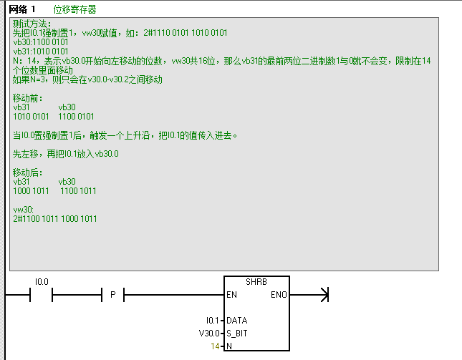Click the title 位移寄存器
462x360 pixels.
point(74,9)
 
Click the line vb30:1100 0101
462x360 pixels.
point(41,43)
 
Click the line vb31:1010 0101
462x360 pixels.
point(41,52)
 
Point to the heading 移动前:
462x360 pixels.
point(28,98)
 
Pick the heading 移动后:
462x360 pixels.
point(28,172)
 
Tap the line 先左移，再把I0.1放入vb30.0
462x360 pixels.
point(66,154)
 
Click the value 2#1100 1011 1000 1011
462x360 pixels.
point(55,219)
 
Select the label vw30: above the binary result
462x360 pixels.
point(24,210)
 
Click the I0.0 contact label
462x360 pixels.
point(41,282)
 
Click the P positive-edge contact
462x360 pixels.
point(112,295)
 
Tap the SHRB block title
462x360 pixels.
point(256,283)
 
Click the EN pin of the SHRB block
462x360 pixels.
point(232,295)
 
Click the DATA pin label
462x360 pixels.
point(237,321)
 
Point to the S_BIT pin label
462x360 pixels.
point(238,334)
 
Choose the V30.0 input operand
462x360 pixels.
point(210,334)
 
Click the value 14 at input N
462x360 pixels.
point(215,346)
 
